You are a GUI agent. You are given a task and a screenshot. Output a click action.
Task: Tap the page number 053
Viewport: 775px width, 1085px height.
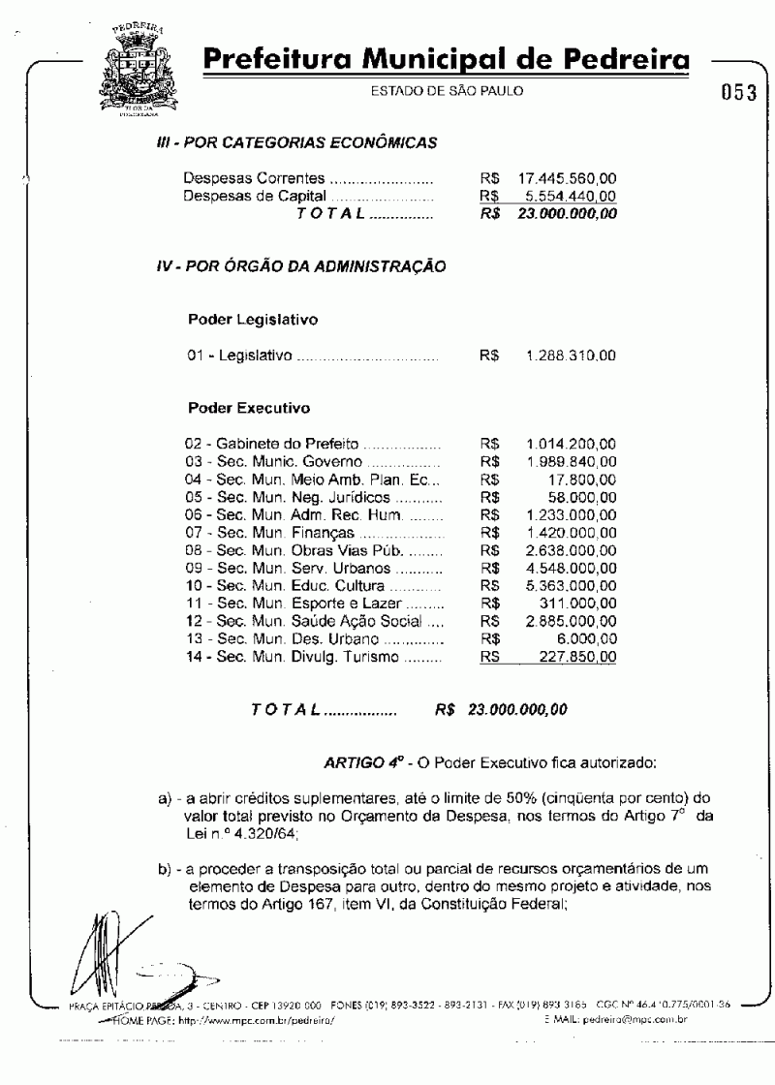click(x=739, y=95)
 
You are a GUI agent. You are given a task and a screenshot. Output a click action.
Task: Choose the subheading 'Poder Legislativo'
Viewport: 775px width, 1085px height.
click(x=253, y=318)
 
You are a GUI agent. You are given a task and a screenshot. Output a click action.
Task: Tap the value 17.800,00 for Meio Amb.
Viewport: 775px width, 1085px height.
click(x=585, y=478)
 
